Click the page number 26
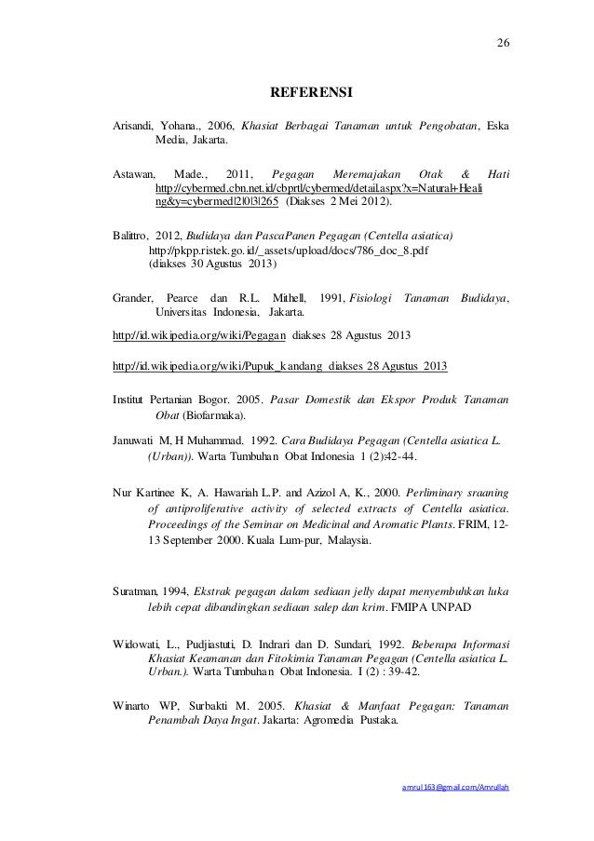click(504, 43)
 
